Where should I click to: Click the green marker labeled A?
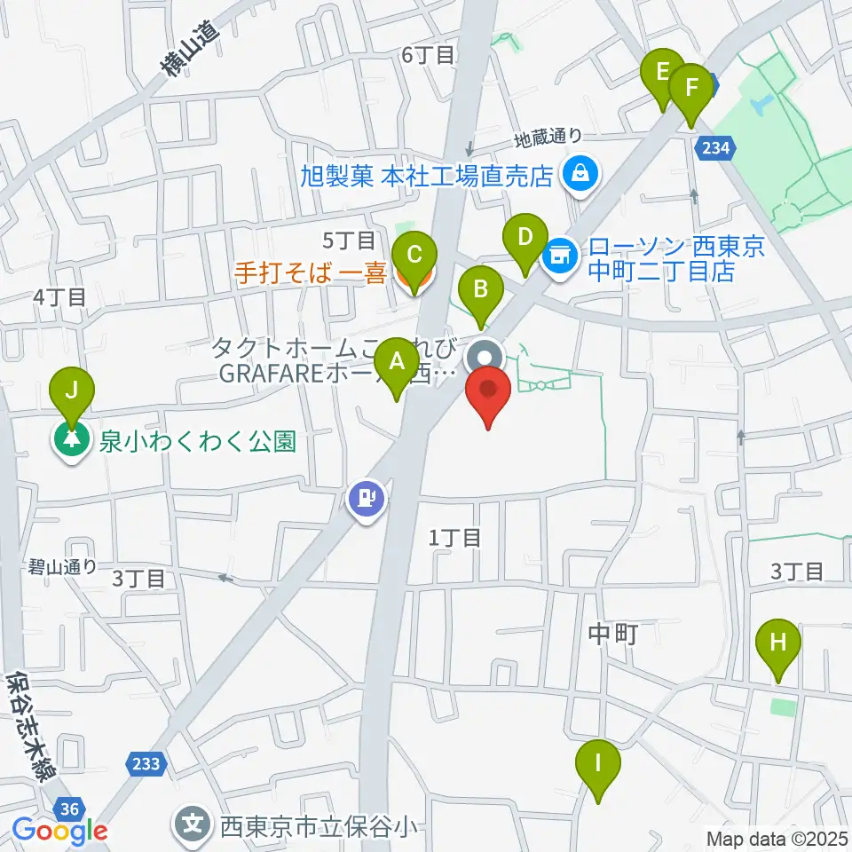pyautogui.click(x=397, y=362)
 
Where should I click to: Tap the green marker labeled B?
pyautogui.click(x=481, y=289)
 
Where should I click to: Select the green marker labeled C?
pyautogui.click(x=414, y=256)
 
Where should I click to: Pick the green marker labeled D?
pyautogui.click(x=525, y=238)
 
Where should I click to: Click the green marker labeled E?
pyautogui.click(x=662, y=72)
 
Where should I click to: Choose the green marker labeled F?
pyautogui.click(x=691, y=87)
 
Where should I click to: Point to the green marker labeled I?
pyautogui.click(x=598, y=762)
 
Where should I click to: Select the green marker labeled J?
pyautogui.click(x=72, y=390)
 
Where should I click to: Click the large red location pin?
pyautogui.click(x=488, y=391)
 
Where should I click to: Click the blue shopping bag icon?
pyautogui.click(x=580, y=174)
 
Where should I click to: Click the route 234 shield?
pyautogui.click(x=717, y=149)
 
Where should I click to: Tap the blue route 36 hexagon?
pyautogui.click(x=70, y=808)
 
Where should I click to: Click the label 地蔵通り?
pyautogui.click(x=550, y=138)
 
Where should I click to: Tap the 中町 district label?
pyautogui.click(x=612, y=633)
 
